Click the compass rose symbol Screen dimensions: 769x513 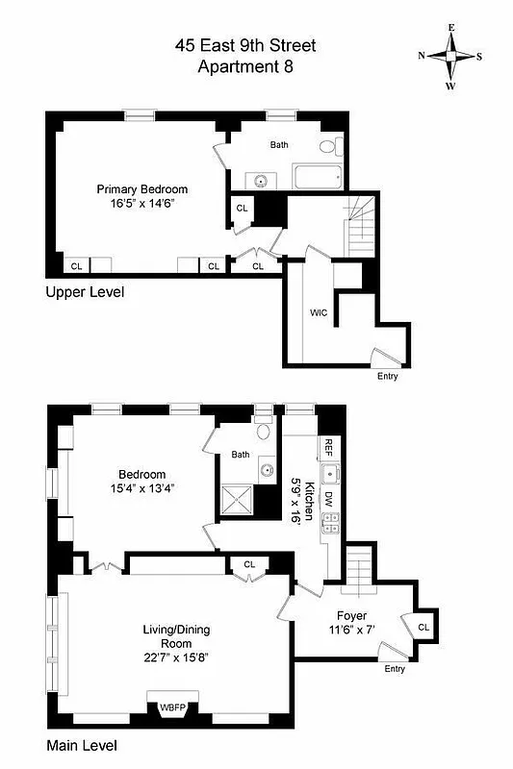(x=450, y=55)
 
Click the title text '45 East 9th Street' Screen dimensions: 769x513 (x=244, y=45)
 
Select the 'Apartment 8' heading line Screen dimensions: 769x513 (x=244, y=66)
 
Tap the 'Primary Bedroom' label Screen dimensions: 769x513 (x=141, y=189)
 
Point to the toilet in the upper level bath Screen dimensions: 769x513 (x=328, y=147)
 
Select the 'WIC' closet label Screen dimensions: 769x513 (x=319, y=312)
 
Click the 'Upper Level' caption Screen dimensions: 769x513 (x=85, y=290)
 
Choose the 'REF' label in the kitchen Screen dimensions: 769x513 (x=328, y=447)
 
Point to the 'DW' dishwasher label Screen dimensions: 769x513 (x=328, y=498)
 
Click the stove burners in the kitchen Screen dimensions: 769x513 (x=330, y=523)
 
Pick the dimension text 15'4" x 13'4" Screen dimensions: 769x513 (x=141, y=488)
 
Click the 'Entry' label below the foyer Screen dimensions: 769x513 (x=394, y=668)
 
